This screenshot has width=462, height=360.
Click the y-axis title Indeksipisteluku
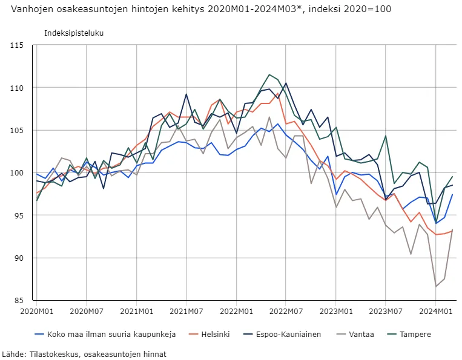click(74, 33)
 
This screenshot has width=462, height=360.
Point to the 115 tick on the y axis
click(16, 45)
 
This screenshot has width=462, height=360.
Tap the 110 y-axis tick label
click(16, 88)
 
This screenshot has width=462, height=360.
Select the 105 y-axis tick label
click(16, 130)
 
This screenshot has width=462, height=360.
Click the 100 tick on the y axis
click(16, 173)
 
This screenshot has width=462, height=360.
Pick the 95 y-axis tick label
click(18, 215)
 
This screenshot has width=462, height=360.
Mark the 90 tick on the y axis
click(18, 258)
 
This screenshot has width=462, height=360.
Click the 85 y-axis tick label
click(18, 300)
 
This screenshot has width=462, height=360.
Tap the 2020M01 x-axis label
click(36, 311)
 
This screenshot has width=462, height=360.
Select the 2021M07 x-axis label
click(186, 311)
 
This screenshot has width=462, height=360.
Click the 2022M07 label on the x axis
click(286, 311)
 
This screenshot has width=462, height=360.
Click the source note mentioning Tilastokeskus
click(84, 354)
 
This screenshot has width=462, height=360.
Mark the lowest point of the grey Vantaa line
click(436, 286)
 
